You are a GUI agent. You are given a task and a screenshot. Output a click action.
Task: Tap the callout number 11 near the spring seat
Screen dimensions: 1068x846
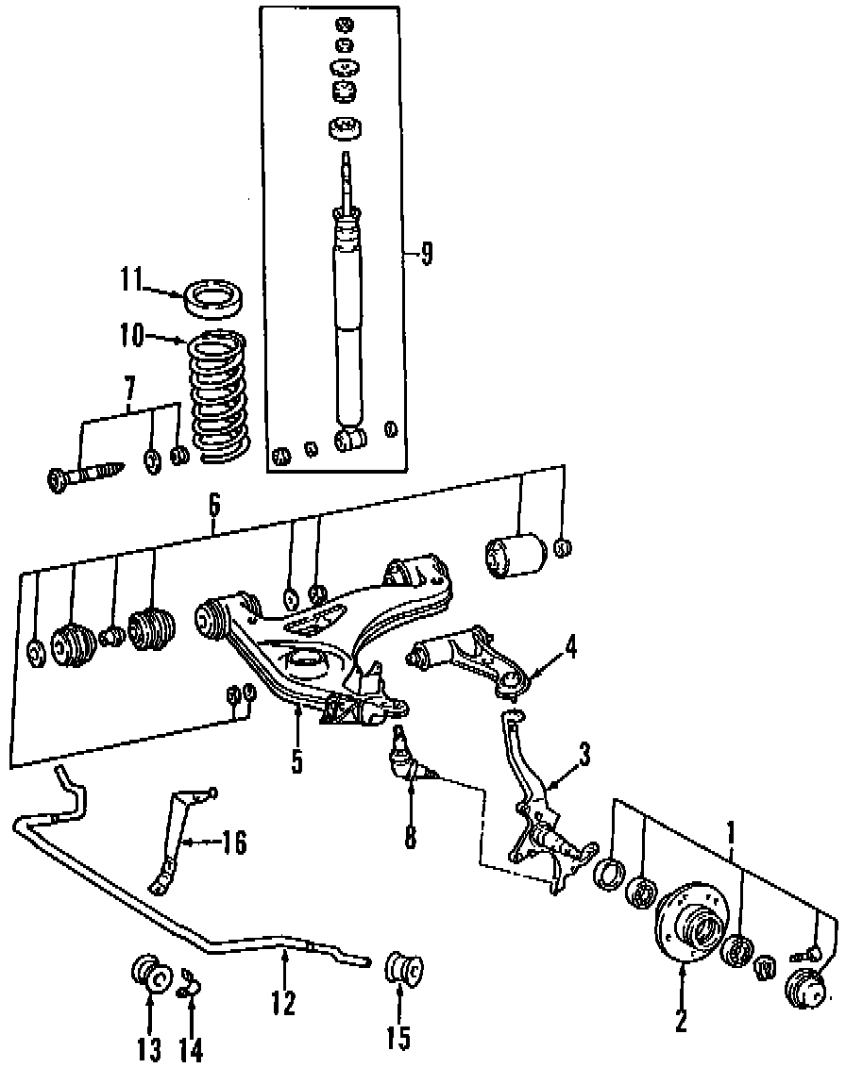130,280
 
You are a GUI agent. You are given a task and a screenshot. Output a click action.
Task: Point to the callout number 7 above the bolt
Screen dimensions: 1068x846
129,387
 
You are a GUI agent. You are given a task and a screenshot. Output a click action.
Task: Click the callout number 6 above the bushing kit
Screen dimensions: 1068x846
214,506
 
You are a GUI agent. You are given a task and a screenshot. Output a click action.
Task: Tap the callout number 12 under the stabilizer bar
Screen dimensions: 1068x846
283,1002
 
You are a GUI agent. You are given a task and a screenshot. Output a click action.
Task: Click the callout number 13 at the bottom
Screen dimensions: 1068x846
149,1048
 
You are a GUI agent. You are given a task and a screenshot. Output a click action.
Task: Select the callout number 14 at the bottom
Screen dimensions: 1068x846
192,1048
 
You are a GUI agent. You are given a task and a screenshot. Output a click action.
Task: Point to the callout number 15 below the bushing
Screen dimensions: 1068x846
398,1039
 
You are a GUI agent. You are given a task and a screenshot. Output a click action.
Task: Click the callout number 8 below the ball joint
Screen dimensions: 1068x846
410,837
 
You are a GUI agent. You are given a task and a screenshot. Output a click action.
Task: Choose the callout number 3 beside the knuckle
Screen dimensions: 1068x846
584,754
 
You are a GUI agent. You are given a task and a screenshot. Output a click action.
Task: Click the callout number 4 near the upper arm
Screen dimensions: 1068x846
569,648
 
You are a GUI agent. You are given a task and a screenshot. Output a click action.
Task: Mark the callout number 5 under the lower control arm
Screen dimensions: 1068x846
296,761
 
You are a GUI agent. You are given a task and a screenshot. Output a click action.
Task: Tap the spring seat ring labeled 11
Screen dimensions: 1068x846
214,295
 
